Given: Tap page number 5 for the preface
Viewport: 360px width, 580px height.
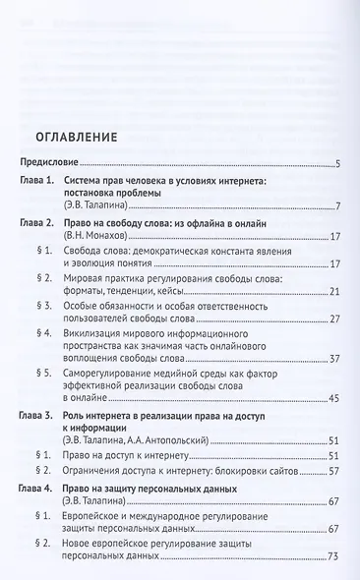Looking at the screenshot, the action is pos(336,164).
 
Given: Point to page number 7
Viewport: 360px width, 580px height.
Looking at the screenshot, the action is pos(336,207).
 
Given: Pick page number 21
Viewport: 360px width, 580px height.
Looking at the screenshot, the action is pos(334,292).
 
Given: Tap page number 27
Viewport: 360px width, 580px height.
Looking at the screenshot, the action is pos(334,319).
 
